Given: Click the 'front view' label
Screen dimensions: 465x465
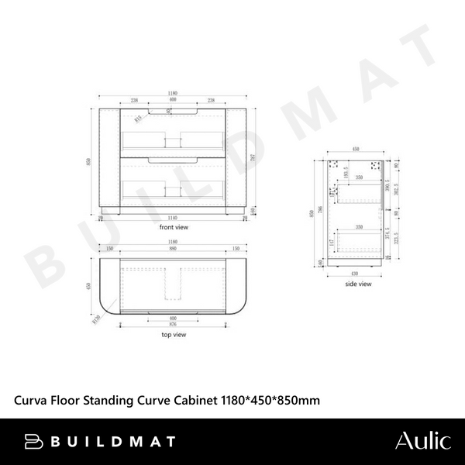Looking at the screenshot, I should (173, 228).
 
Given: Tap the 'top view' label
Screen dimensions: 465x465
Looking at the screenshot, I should (173, 335).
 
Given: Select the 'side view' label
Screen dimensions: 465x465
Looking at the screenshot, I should (358, 284).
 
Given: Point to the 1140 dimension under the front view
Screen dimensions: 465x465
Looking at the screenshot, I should (173, 219).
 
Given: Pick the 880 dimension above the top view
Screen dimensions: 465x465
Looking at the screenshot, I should (173, 250).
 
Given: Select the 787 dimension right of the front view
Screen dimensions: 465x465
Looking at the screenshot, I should (253, 157).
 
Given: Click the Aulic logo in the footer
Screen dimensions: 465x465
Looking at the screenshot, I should (422, 441).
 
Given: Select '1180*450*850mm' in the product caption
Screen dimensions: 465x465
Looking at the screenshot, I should (267, 400).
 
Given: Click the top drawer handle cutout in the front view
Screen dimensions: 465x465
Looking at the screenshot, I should (173, 113).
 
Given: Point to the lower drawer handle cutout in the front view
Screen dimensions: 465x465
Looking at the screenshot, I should (173, 158).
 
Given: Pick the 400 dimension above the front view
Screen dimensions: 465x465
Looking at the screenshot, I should (173, 101).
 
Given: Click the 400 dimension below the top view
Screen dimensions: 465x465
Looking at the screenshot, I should (173, 319).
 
